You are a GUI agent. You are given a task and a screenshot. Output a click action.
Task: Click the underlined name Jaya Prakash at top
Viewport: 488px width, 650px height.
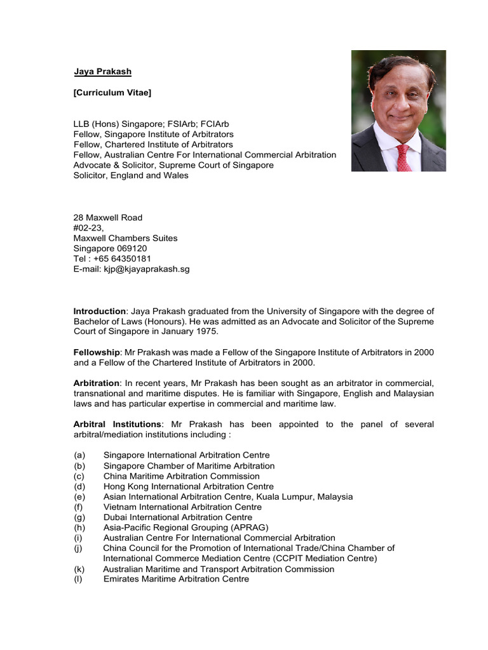pos(102,72)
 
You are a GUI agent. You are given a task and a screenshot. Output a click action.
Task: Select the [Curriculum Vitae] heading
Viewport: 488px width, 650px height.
pos(112,93)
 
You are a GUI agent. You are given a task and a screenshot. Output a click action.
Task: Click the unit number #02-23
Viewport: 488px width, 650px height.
pos(88,228)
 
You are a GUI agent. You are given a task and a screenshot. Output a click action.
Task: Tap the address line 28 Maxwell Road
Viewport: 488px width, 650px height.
pos(108,218)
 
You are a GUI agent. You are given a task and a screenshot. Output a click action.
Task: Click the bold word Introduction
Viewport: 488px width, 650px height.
pos(100,311)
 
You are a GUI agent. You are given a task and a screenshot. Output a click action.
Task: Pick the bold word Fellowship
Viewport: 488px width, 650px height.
pos(97,352)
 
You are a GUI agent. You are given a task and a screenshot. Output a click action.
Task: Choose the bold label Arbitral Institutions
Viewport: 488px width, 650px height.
pos(118,424)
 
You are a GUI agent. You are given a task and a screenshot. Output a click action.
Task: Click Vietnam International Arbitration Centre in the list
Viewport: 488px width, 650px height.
pos(182,507)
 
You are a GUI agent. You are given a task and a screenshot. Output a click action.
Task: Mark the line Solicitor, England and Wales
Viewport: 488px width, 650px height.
pos(131,175)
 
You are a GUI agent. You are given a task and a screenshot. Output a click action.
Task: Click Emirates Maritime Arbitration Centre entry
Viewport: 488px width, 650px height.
pos(176,579)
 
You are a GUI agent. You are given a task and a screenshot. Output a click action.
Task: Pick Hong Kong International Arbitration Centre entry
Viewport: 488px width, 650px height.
pos(189,486)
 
